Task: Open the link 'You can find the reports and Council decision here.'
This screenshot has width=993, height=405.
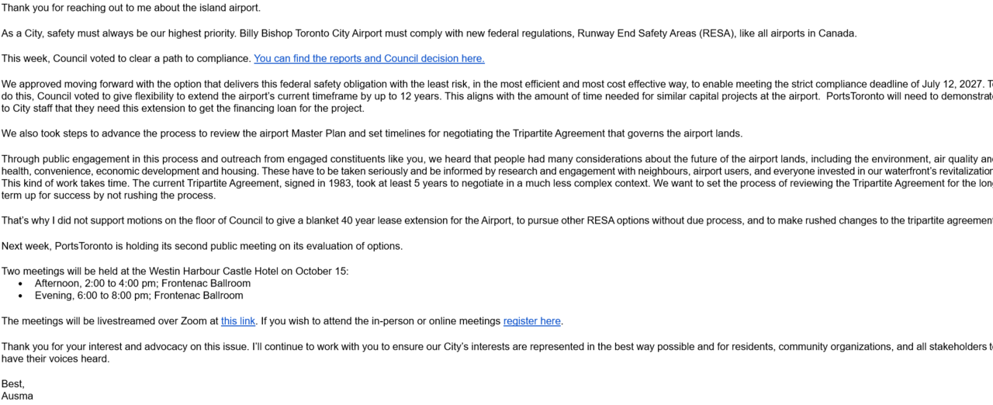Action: pos(368,58)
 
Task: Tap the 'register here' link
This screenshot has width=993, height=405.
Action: pos(531,321)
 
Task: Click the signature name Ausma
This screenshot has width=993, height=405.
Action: pos(17,396)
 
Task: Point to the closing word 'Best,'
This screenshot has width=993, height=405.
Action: pos(13,384)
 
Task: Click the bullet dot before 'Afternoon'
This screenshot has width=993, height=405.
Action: pos(20,284)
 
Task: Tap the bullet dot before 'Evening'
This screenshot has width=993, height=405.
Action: pos(20,296)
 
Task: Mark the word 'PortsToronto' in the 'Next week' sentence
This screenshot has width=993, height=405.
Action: pos(88,246)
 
